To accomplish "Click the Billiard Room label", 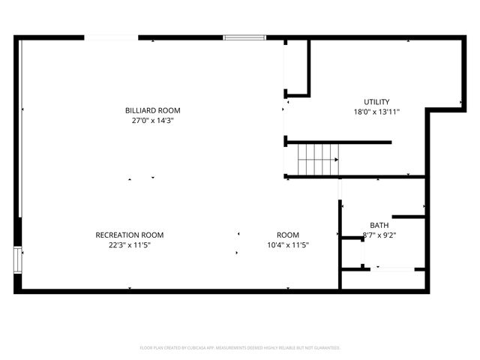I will (x=153, y=111).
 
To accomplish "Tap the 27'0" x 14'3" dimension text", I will (x=153, y=121).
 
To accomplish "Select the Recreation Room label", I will (x=129, y=235).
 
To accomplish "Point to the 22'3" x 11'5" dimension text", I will (x=129, y=244).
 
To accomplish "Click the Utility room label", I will (x=376, y=102).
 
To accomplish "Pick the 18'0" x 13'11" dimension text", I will (x=376, y=112).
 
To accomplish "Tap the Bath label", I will (x=379, y=225).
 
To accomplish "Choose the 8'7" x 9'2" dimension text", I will (x=379, y=235).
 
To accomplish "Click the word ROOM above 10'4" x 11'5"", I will (x=288, y=235).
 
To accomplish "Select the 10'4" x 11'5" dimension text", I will (x=288, y=244).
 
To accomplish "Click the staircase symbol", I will (x=315, y=160).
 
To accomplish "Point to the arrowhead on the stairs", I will (x=336, y=160).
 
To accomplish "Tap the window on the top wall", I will (x=244, y=37).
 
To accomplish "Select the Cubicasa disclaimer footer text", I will (x=240, y=348).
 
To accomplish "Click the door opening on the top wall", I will (x=110, y=37).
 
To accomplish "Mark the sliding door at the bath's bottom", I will (x=394, y=268).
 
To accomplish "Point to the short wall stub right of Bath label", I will (x=409, y=217).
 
